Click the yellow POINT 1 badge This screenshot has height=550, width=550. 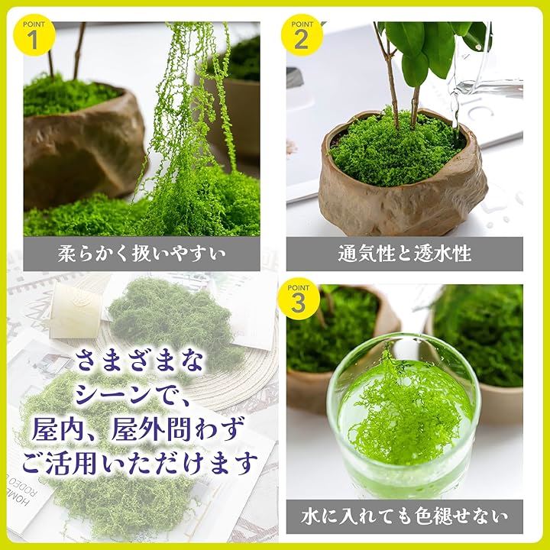[34, 35]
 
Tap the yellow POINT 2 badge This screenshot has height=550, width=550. [302, 35]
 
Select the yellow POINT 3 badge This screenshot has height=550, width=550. [299, 299]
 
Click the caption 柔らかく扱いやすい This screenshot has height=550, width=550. [142, 254]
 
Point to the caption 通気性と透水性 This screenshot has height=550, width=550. [404, 254]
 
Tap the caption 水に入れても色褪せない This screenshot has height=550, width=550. [404, 516]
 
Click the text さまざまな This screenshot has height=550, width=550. [139, 361]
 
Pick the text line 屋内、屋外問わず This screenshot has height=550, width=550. [137, 429]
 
